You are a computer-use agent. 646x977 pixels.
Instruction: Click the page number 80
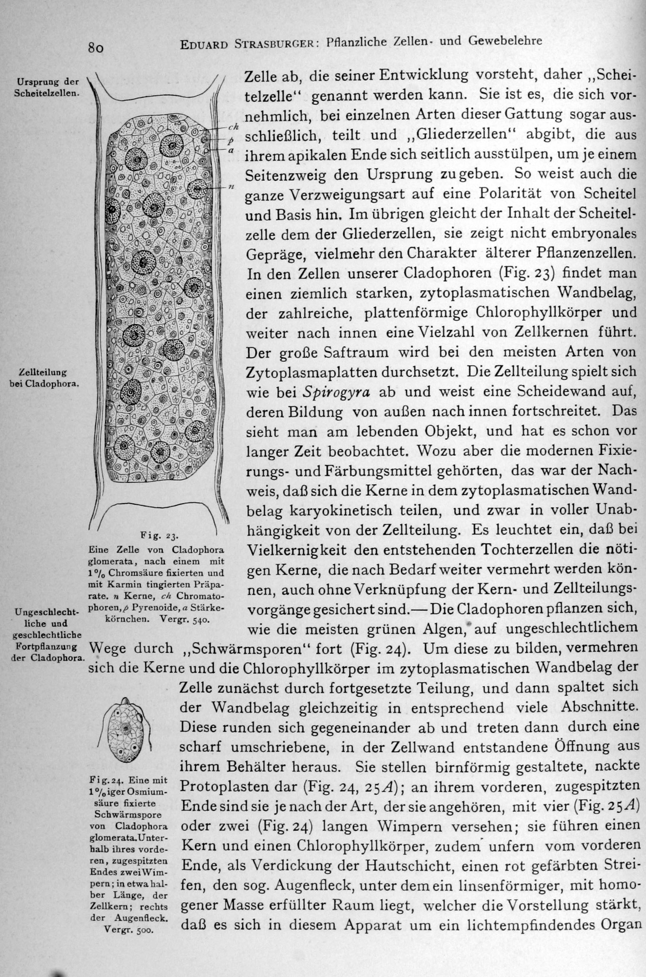tap(95, 48)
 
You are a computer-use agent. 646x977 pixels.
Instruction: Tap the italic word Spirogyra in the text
tap(336, 392)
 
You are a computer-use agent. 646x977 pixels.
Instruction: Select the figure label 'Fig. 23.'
tap(159, 536)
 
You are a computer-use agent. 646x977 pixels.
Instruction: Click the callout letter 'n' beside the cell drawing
tap(231, 188)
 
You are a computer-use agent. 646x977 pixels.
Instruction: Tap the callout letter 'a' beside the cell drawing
tap(231, 151)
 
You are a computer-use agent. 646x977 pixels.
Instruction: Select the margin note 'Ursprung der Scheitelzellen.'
tap(46, 87)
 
